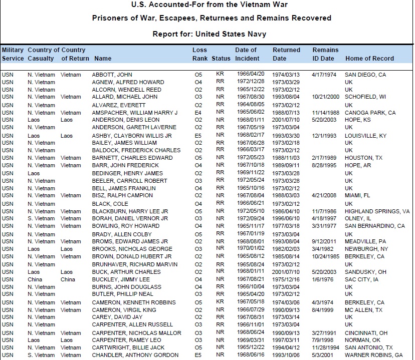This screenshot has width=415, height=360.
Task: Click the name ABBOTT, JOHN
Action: [112, 75]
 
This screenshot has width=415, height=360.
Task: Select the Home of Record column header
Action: [369, 59]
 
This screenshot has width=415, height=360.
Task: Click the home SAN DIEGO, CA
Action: [365, 75]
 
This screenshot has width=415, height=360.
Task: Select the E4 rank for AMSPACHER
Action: [197, 113]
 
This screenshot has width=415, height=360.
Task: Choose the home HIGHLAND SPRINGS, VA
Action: [377, 212]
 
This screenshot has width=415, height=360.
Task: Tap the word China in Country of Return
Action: [68, 280]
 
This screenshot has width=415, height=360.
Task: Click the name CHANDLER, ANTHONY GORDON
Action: [135, 355]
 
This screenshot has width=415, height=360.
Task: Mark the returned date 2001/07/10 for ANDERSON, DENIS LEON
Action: [286, 120]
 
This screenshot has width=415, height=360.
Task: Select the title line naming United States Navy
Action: [210, 34]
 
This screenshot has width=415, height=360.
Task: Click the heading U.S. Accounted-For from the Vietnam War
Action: [210, 5]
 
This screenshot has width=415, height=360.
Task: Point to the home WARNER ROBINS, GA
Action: [373, 355]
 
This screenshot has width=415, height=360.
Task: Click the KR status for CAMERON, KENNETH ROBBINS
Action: [220, 302]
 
